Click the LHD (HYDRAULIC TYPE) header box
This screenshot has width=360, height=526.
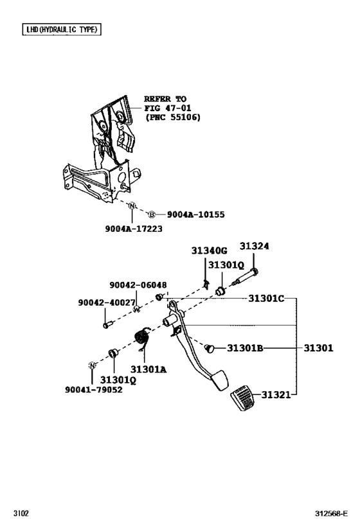pyautogui.click(x=61, y=30)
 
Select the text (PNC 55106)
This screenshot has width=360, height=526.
pyautogui.click(x=172, y=118)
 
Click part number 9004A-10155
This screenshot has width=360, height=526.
pyautogui.click(x=196, y=215)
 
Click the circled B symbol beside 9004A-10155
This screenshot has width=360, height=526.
pyautogui.click(x=152, y=215)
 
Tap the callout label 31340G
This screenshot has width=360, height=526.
pyautogui.click(x=209, y=251)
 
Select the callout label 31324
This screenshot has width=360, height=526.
pyautogui.click(x=255, y=247)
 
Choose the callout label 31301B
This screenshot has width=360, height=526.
pyautogui.click(x=245, y=348)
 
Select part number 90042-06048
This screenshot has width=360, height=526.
pyautogui.click(x=138, y=285)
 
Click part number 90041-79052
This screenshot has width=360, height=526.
pyautogui.click(x=93, y=389)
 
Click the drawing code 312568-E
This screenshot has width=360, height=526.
pyautogui.click(x=331, y=514)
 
